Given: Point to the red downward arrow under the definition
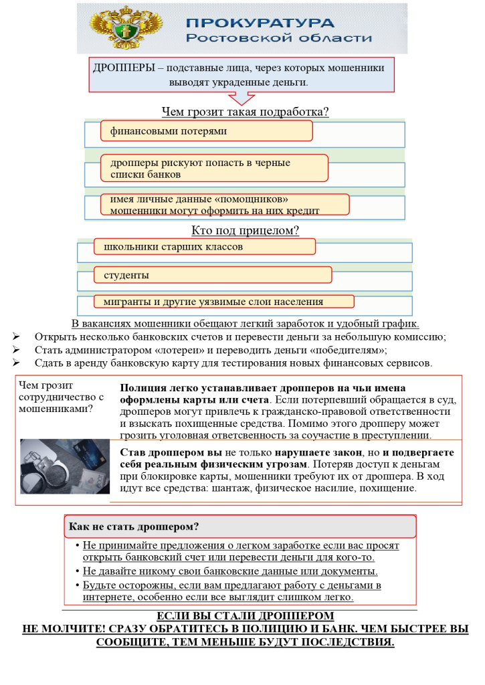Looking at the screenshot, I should pyautogui.click(x=241, y=98).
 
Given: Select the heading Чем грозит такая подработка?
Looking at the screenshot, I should pyautogui.click(x=245, y=112).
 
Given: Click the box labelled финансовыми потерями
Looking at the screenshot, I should pyautogui.click(x=207, y=131).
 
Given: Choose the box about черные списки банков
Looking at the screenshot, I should pyautogui.click(x=214, y=168).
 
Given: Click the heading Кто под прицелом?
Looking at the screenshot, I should pyautogui.click(x=245, y=231).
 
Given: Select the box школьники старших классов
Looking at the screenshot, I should pyautogui.click(x=204, y=247).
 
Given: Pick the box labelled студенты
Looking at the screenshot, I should pyautogui.click(x=213, y=275).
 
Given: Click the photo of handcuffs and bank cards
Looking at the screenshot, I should pyautogui.click(x=64, y=466).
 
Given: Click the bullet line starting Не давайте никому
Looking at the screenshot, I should pyautogui.click(x=230, y=571).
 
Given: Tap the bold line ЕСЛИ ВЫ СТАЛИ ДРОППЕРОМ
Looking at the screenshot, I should pyautogui.click(x=245, y=616).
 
